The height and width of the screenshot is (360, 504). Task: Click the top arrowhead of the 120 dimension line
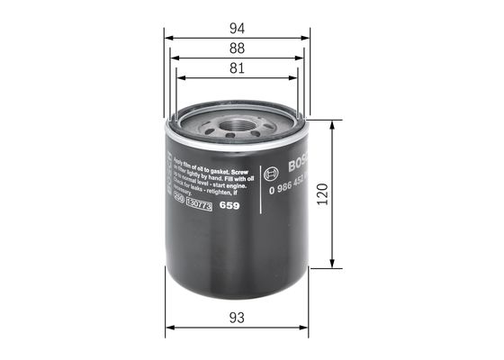point(334,119)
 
